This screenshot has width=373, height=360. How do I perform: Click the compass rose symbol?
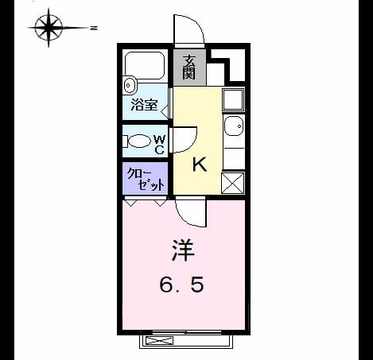click(x=49, y=28)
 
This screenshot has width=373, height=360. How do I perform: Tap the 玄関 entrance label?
click(x=189, y=68)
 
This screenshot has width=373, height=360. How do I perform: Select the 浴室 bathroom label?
click(x=145, y=105)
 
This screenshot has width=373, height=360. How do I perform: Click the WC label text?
click(x=160, y=145)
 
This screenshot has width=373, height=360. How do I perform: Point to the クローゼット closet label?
click(x=146, y=180)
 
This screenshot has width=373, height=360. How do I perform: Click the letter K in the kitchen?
click(x=200, y=165)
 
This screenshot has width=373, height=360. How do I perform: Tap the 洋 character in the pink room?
click(x=184, y=250)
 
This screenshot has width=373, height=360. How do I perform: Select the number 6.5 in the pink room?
click(x=182, y=285)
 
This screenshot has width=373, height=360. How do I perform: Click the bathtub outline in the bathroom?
click(x=145, y=65)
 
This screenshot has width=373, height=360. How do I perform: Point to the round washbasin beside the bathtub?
click(x=130, y=85)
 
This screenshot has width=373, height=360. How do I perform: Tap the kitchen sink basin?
click(x=234, y=126)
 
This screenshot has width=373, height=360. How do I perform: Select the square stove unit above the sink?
click(x=233, y=99)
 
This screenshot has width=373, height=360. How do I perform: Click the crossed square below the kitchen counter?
click(x=233, y=183)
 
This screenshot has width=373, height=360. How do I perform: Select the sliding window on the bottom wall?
click(x=187, y=332)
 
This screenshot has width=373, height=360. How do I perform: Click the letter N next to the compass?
click(x=94, y=28)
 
